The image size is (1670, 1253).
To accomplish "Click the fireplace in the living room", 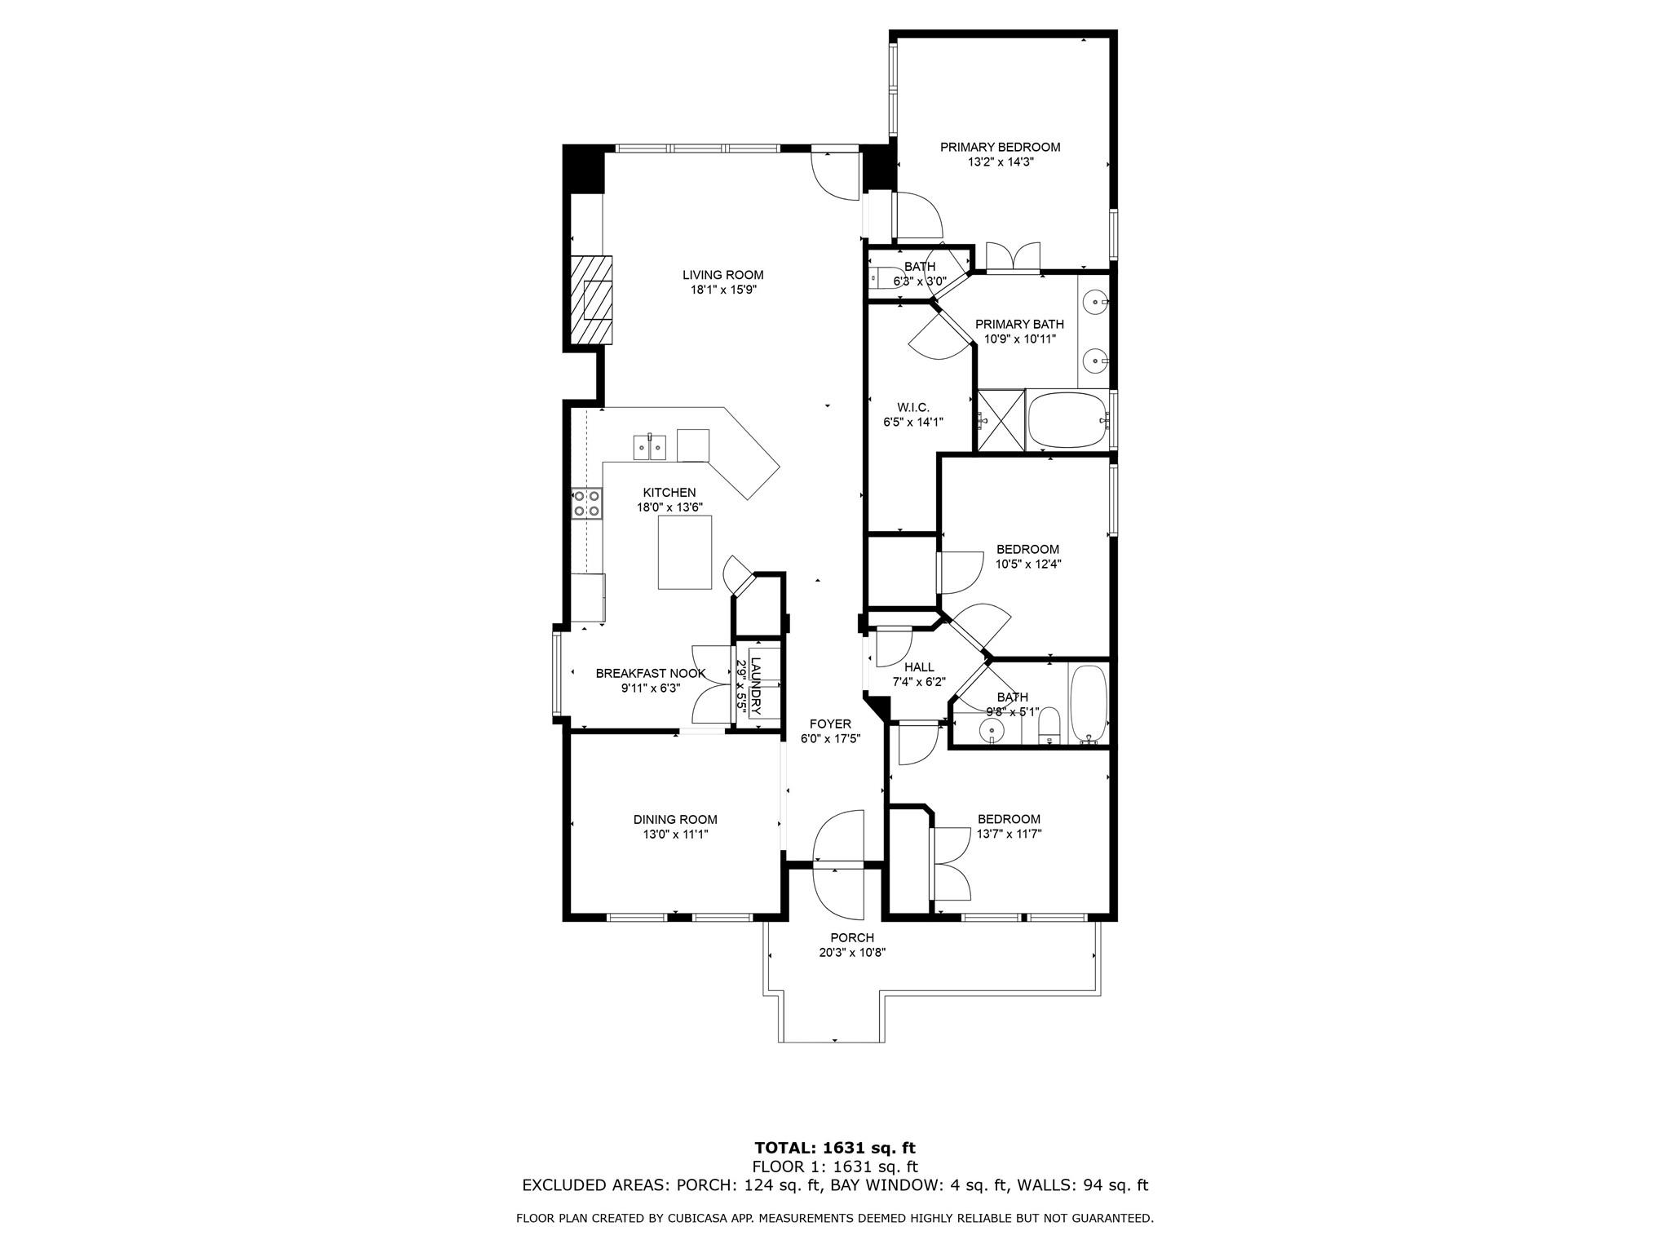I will pos(591,302).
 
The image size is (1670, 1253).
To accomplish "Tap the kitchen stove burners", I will pos(586,503).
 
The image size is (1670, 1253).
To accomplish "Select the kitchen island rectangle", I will pos(685,552).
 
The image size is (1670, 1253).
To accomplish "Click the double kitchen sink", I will pos(650,447).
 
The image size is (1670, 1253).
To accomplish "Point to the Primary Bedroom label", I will pos(1000,148).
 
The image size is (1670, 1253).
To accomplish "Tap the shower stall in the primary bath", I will pos(1001,420).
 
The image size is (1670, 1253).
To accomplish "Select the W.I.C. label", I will pos(912,408).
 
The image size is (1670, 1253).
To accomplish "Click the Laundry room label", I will pos(756,685).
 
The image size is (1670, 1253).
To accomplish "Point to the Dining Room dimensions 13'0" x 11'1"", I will pos(675,835).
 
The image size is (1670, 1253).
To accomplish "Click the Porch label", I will pos(852,938).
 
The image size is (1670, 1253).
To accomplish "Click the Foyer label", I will pos(830,724).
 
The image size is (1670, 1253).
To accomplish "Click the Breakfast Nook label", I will pos(651,674).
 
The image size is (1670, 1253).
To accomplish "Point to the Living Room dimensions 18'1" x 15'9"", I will pos(722,290).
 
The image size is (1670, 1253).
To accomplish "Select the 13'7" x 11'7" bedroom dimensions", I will pos(1010,834).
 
